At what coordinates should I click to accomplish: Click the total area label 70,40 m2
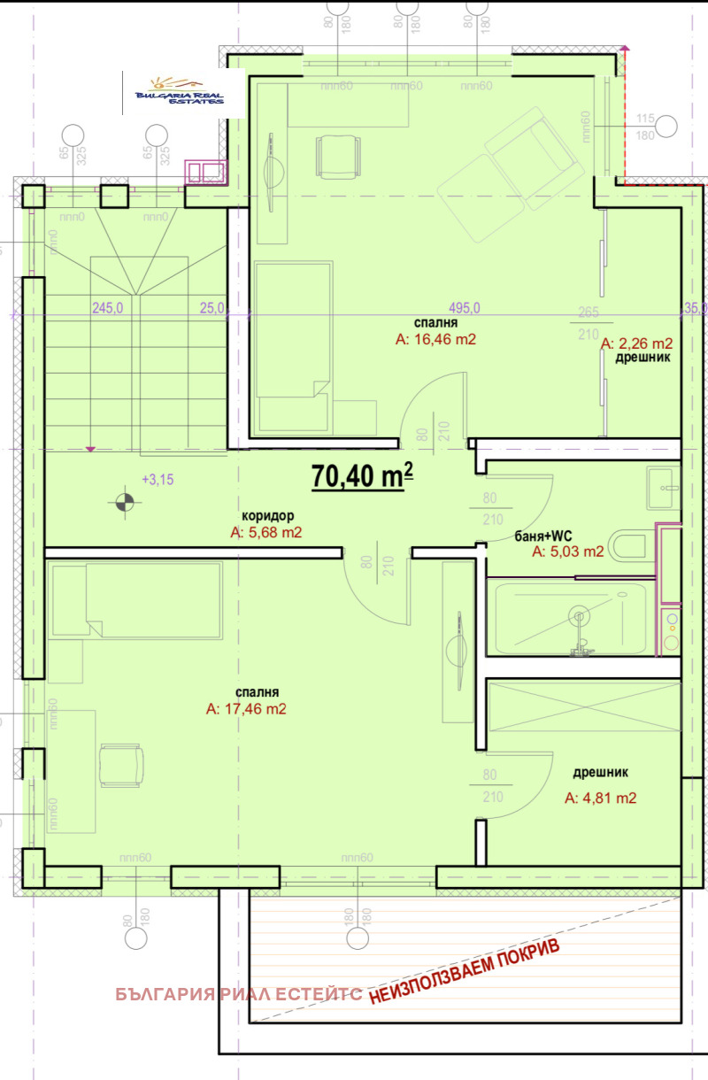coord(362,476)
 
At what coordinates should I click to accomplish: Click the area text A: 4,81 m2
coord(600,798)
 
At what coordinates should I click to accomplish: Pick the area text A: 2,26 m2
coord(636,343)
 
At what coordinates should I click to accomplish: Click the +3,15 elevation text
coord(157,480)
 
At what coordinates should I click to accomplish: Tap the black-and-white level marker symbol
coord(124,503)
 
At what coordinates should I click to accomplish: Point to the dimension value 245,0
coord(107,308)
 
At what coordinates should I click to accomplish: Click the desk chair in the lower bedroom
coord(119,763)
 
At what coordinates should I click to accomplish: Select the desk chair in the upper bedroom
coord(337,156)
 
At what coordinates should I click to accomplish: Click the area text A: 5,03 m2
coord(567,552)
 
